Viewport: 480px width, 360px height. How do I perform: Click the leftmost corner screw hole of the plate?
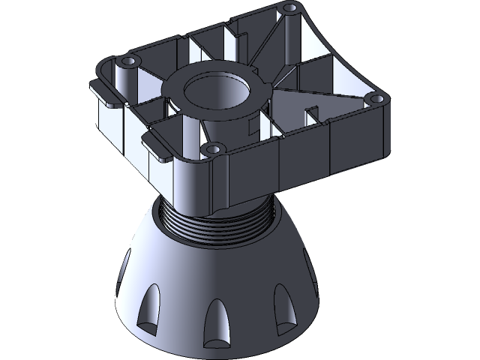click(127, 58)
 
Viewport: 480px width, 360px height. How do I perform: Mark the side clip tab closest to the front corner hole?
click(157, 143)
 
